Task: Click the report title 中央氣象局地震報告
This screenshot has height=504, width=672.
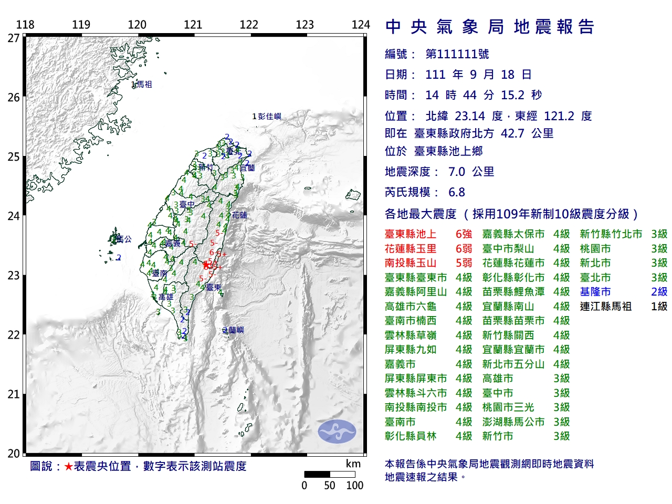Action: pyautogui.click(x=489, y=27)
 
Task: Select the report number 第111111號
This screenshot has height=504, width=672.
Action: pyautogui.click(x=457, y=54)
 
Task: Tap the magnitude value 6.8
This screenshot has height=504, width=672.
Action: pyautogui.click(x=456, y=192)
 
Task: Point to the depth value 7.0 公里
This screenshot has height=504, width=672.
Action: pyautogui.click(x=471, y=172)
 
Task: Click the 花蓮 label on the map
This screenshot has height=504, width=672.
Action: pyautogui.click(x=239, y=215)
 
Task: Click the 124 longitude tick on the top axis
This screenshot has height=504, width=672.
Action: pyautogui.click(x=361, y=25)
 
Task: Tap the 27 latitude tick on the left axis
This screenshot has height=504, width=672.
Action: pyautogui.click(x=14, y=38)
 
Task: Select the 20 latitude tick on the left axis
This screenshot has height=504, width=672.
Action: pyautogui.click(x=14, y=454)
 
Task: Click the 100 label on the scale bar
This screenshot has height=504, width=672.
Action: pyautogui.click(x=354, y=486)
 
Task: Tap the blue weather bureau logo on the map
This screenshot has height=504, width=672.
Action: pyautogui.click(x=337, y=431)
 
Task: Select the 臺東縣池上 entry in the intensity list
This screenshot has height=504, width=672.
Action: pyautogui.click(x=410, y=234)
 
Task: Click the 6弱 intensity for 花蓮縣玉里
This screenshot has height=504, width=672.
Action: pyautogui.click(x=464, y=249)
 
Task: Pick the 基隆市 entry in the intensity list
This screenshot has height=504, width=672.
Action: pyautogui.click(x=595, y=292)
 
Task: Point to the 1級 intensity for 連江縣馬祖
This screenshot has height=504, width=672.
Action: pyautogui.click(x=659, y=307)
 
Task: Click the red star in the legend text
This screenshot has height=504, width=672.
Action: pyautogui.click(x=68, y=466)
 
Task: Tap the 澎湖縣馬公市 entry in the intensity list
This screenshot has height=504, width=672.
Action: pyautogui.click(x=513, y=422)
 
